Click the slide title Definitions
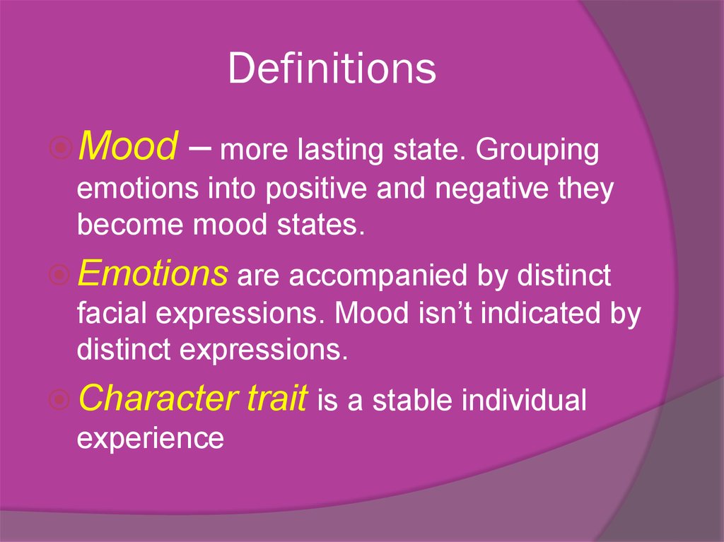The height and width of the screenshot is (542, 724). pos(332,69)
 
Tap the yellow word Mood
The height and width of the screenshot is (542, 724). pos(128,146)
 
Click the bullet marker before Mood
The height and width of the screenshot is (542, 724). pos(60,148)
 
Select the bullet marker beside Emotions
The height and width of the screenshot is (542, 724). pos(60,275)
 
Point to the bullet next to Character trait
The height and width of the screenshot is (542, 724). pos(60,399)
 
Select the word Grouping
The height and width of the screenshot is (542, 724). pos(537,151)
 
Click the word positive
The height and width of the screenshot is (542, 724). pos(317,189)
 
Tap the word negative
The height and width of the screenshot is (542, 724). pos(492,189)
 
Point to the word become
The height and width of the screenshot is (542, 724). pos(130,225)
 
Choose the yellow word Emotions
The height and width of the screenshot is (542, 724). pos(153,273)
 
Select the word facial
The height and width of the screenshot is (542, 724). pos(112,312)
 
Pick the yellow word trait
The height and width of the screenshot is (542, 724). pos(277,398)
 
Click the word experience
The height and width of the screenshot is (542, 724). pos(150,438)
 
